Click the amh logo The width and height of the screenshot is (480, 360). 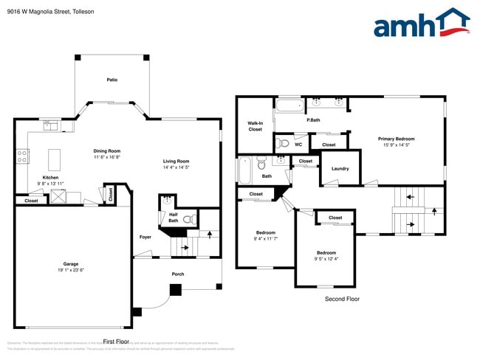pyautogui.click(x=422, y=24)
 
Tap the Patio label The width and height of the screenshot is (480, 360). pyautogui.click(x=112, y=80)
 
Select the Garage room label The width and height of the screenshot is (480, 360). pyautogui.click(x=71, y=263)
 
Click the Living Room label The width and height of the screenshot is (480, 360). pyautogui.click(x=176, y=161)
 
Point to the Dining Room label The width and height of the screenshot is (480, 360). pyautogui.click(x=107, y=150)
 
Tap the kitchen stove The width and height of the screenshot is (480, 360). pyautogui.click(x=23, y=156)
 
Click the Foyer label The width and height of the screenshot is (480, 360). pyautogui.click(x=145, y=237)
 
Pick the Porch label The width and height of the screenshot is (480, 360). pyautogui.click(x=177, y=274)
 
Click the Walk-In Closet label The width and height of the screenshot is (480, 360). pyautogui.click(x=255, y=126)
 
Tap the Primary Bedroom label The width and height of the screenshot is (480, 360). pyautogui.click(x=396, y=139)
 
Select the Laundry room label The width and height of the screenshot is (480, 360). pyautogui.click(x=340, y=168)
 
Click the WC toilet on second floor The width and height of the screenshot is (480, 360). pyautogui.click(x=284, y=143)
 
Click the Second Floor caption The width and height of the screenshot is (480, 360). pyautogui.click(x=342, y=299)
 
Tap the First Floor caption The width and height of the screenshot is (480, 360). pyautogui.click(x=116, y=342)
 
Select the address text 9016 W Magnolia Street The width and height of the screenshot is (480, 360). pyautogui.click(x=41, y=12)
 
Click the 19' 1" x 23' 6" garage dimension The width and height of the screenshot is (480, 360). pyautogui.click(x=71, y=270)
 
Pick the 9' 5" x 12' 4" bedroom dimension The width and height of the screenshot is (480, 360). pyautogui.click(x=326, y=259)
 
